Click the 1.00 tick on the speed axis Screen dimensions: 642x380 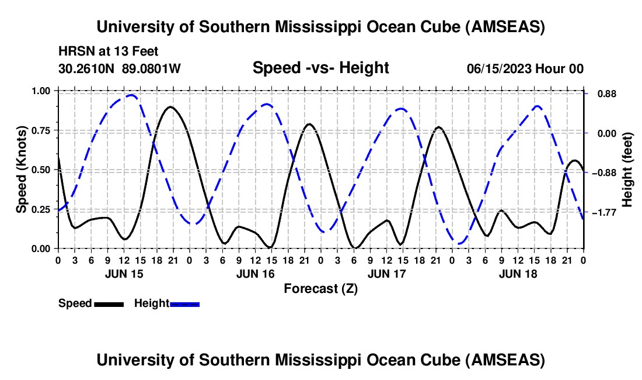coord(40,91)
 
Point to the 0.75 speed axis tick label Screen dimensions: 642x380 coord(40,130)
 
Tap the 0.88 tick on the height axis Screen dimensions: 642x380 coord(607,94)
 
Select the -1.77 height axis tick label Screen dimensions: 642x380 coord(605,212)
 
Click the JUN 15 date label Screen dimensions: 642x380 coord(124,274)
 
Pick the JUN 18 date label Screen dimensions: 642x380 coord(518,274)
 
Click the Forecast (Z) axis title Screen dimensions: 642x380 coord(320,289)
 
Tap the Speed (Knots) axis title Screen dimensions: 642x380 coord(21,170)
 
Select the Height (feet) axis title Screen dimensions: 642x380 coord(627,170)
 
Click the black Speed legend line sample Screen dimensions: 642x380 coord(109,304)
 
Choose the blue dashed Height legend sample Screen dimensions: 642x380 coord(184,304)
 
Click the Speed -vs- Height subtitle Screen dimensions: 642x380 coord(320,68)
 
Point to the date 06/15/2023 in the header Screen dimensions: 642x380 coord(499,68)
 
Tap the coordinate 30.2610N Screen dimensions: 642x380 coord(86,68)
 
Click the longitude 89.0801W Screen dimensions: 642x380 coord(151,68)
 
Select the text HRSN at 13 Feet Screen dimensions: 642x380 coord(108,51)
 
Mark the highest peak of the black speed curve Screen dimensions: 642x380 coord(170,106)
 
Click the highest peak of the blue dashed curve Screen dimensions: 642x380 coord(131,95)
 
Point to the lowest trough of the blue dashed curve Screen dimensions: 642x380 coord(459,244)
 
